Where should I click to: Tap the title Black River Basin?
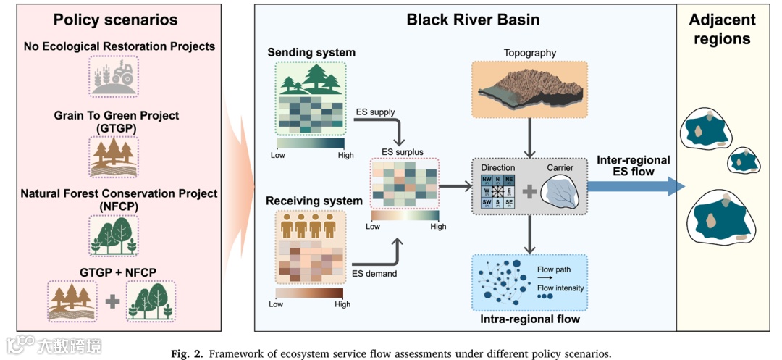(472, 20)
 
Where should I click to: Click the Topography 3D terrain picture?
(529, 89)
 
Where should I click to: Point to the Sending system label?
(311, 53)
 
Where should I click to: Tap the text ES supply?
(375, 112)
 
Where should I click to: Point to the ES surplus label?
(403, 151)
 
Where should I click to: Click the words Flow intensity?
(560, 288)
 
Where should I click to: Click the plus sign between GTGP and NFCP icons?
(112, 302)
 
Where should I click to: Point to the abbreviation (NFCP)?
(119, 206)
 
